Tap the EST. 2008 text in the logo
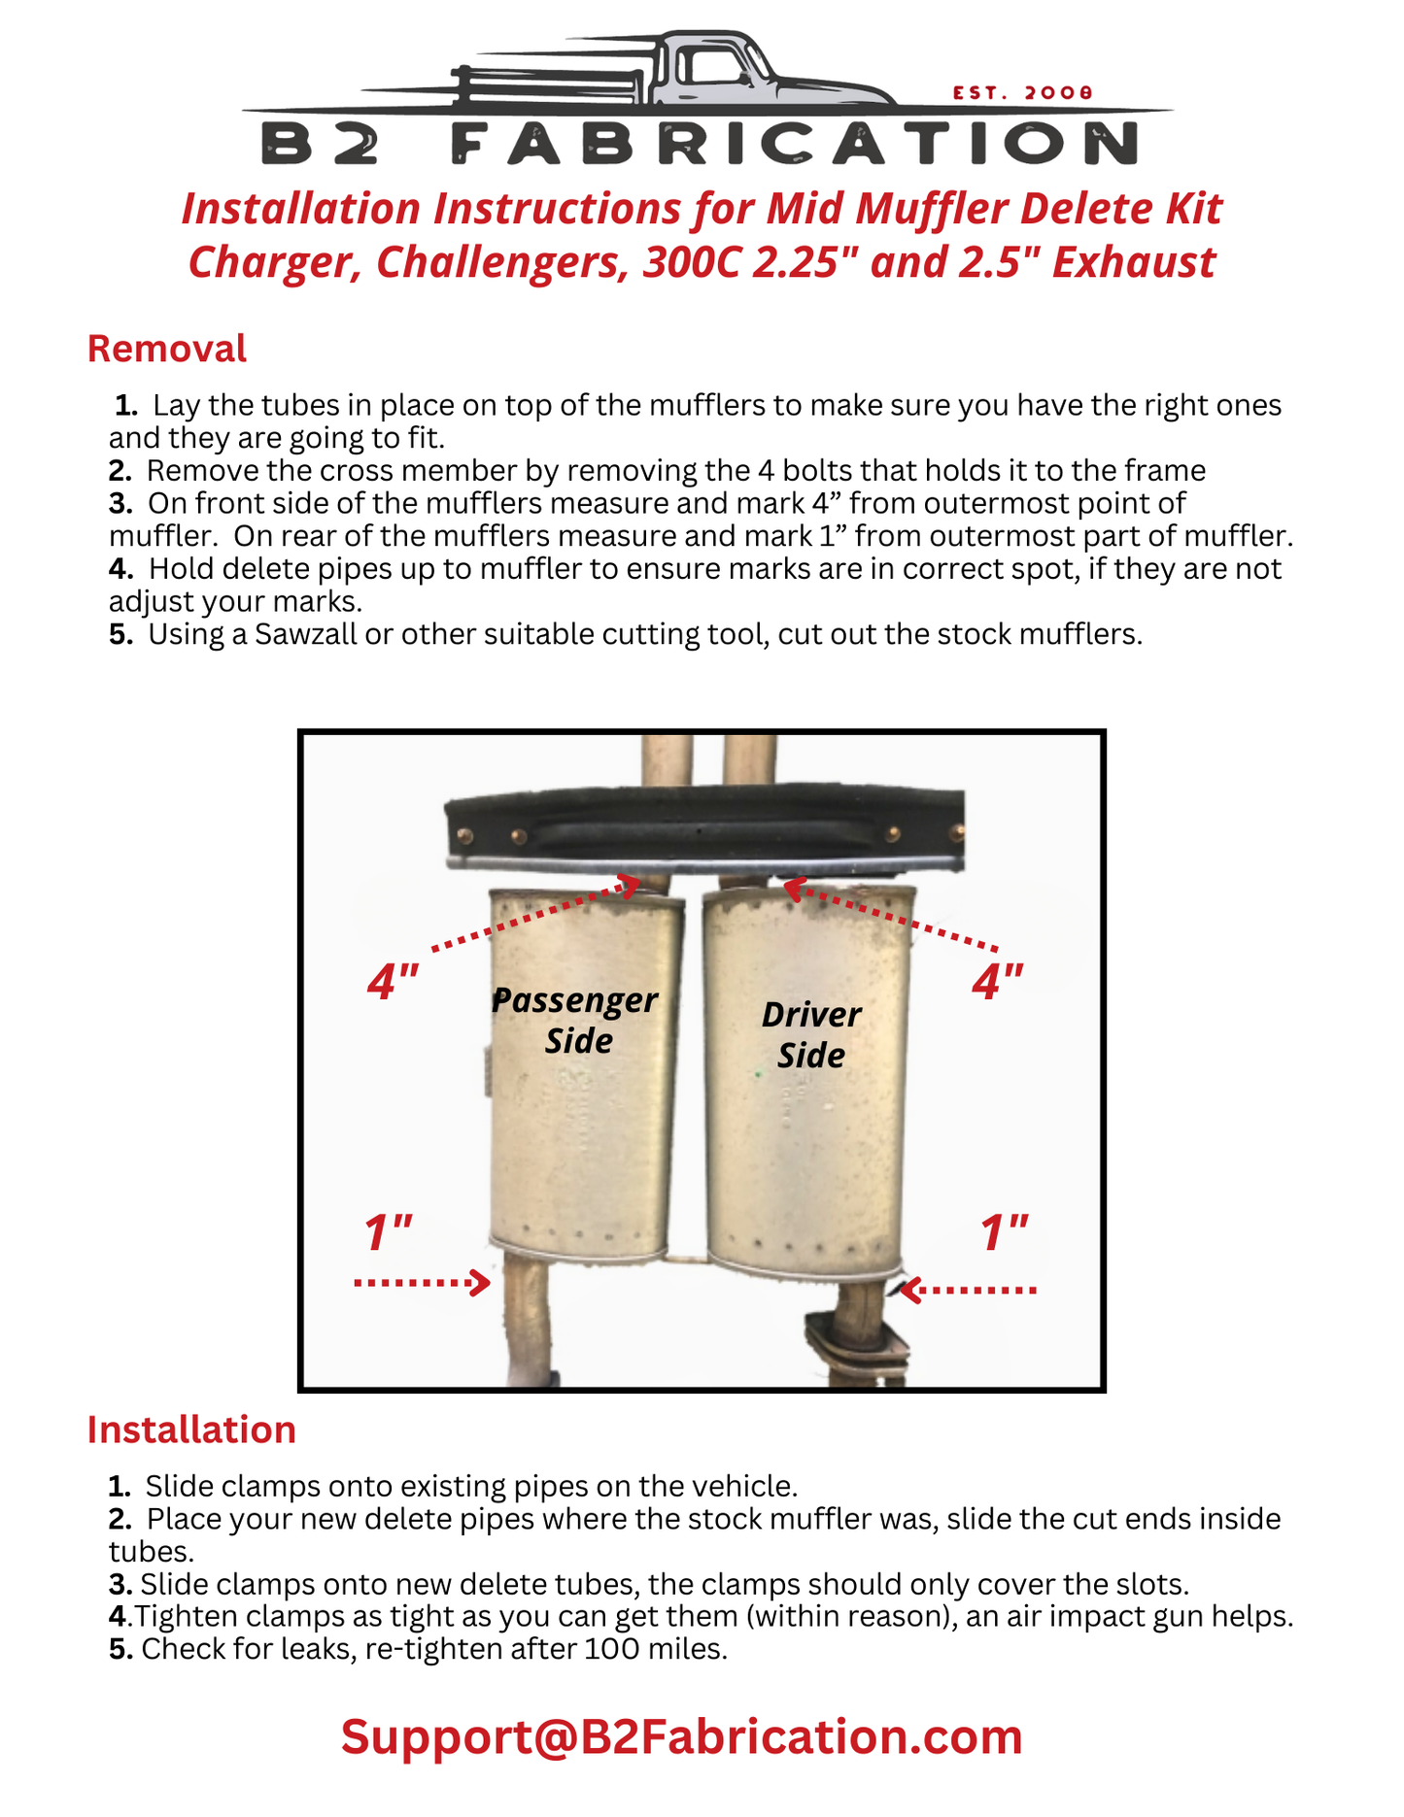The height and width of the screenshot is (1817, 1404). tap(1023, 93)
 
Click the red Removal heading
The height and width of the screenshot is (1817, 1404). tap(166, 349)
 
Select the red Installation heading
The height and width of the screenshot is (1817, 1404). tap(191, 1430)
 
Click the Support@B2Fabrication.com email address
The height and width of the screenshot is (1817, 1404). tap(681, 1737)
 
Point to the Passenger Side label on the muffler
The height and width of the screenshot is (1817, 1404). tap(575, 1020)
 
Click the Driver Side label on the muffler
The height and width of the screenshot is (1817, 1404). tap(810, 1034)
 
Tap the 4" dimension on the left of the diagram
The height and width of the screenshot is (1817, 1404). tap(393, 983)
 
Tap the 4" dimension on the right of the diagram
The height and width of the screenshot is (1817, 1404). tap(998, 983)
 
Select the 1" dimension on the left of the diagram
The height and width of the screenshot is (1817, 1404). tap(388, 1233)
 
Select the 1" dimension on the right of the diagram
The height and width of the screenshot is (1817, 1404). tap(1004, 1233)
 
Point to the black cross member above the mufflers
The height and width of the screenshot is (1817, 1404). tap(704, 827)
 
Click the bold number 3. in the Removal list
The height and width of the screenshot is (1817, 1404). tap(120, 503)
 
